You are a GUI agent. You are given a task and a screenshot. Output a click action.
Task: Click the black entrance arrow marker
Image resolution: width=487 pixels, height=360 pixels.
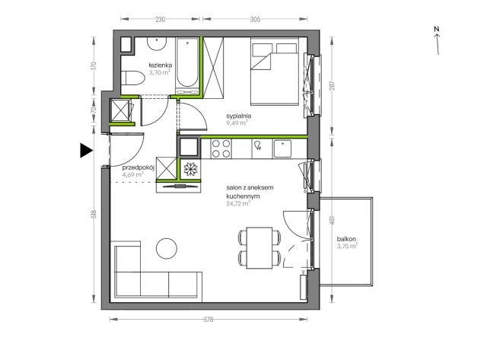coord(86,151)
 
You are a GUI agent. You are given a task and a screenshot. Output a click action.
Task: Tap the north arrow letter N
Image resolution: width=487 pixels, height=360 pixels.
coord(436,29)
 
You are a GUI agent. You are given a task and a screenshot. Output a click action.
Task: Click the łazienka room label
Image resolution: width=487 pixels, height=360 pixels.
coord(161,65)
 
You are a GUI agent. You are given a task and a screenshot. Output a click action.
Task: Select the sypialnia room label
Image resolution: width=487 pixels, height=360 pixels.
coord(239,116)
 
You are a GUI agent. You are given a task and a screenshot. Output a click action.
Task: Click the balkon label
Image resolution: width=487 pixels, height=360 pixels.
coord(346,239)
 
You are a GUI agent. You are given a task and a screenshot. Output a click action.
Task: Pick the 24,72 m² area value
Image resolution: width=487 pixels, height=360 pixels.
coord(238,204)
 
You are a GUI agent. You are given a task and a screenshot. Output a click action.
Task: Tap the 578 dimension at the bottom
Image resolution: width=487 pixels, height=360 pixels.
coord(208,320)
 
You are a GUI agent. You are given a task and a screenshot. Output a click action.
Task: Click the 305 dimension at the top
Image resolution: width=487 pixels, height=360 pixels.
coord(255,19)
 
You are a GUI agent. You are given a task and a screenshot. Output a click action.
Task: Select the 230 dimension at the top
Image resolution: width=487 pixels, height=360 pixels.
coord(160,19)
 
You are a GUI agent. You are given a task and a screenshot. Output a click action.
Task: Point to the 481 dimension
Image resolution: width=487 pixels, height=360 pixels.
coord(333,221)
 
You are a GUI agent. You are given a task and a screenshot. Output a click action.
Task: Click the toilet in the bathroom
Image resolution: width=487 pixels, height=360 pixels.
coord(132,78)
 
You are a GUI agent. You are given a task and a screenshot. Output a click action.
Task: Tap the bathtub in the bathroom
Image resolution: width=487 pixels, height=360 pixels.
coord(187,66)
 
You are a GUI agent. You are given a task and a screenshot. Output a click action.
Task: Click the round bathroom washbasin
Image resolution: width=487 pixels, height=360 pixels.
coord(157,44)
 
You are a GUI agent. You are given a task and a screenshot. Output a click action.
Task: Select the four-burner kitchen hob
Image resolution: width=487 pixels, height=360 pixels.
coord(221,148)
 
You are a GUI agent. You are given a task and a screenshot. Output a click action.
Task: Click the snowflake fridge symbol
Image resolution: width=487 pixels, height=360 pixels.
coord(190,169)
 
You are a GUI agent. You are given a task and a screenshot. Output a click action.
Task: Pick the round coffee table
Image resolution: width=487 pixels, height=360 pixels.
coord(167,248)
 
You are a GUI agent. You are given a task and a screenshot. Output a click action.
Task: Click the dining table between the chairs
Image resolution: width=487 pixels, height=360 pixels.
coord(259,248)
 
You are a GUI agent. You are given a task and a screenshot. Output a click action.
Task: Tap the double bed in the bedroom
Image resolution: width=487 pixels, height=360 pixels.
coord(275,71)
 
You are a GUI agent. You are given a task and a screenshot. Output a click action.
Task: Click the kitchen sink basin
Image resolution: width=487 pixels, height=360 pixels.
coord(282,148)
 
